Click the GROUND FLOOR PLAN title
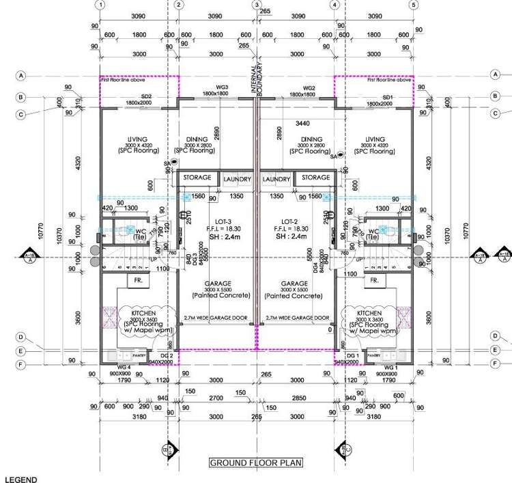coord(256,463)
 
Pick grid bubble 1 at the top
coord(100,5)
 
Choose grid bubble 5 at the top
coord(413,5)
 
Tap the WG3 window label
coord(222,87)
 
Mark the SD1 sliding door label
coord(388,97)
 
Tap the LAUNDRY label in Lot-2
coord(277,179)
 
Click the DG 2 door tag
coord(167,357)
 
